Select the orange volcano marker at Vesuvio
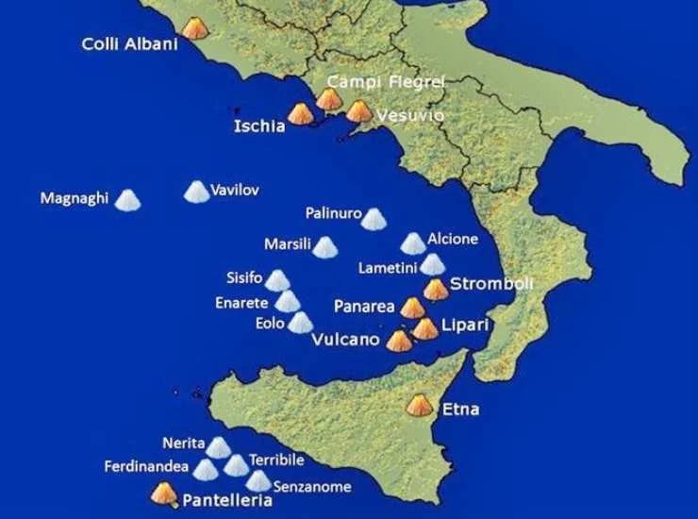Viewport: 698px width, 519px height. [358, 111]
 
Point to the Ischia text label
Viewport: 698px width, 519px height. [258, 126]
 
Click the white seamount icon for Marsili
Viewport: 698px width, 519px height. [324, 247]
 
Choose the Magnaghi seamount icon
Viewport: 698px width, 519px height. [126, 200]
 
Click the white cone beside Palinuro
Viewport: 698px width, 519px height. [374, 219]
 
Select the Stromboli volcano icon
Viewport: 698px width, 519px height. [435, 289]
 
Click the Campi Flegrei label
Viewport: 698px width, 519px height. [385, 82]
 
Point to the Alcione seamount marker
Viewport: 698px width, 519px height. [412, 243]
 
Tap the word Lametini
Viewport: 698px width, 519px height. [387, 268]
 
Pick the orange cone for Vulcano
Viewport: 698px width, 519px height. [400, 340]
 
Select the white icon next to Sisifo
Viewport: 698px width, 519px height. [276, 280]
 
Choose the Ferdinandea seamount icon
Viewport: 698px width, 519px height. [205, 469]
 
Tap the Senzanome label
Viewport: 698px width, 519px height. [311, 487]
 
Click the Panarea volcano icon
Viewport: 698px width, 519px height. [412, 308]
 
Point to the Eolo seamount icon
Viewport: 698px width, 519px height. [300, 323]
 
